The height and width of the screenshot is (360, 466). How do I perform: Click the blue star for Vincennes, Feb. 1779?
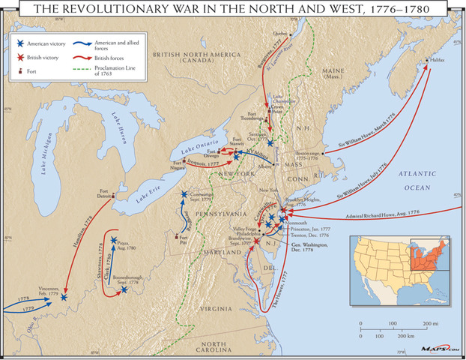coord(64,297)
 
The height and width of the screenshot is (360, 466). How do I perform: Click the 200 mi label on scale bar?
coord(429,322)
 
